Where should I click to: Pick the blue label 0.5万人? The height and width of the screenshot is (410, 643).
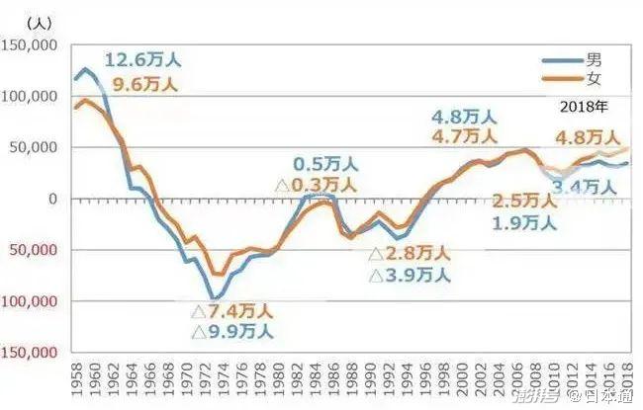coord(325,163)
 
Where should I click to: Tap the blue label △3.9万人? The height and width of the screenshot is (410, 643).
coord(410,276)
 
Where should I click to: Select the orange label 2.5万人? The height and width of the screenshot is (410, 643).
coord(524,202)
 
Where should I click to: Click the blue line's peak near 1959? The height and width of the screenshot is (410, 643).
coord(86,69)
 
